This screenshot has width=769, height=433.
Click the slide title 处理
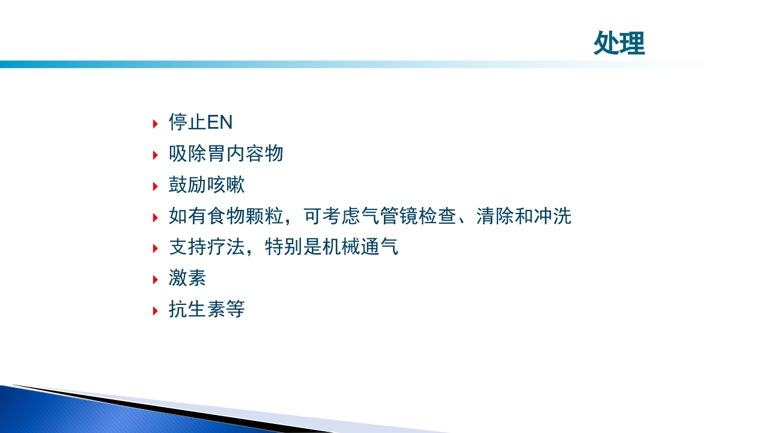(x=619, y=43)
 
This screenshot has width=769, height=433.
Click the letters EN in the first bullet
(x=219, y=123)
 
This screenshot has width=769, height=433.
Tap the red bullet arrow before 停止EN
(x=156, y=124)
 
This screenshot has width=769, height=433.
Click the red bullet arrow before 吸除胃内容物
(x=156, y=156)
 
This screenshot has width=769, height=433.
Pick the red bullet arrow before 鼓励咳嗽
(x=156, y=187)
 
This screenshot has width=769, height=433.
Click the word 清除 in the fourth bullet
(x=495, y=216)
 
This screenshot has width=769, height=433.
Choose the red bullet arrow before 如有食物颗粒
(x=156, y=218)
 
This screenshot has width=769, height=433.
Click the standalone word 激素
(x=187, y=279)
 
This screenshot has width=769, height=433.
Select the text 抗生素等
(x=207, y=310)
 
